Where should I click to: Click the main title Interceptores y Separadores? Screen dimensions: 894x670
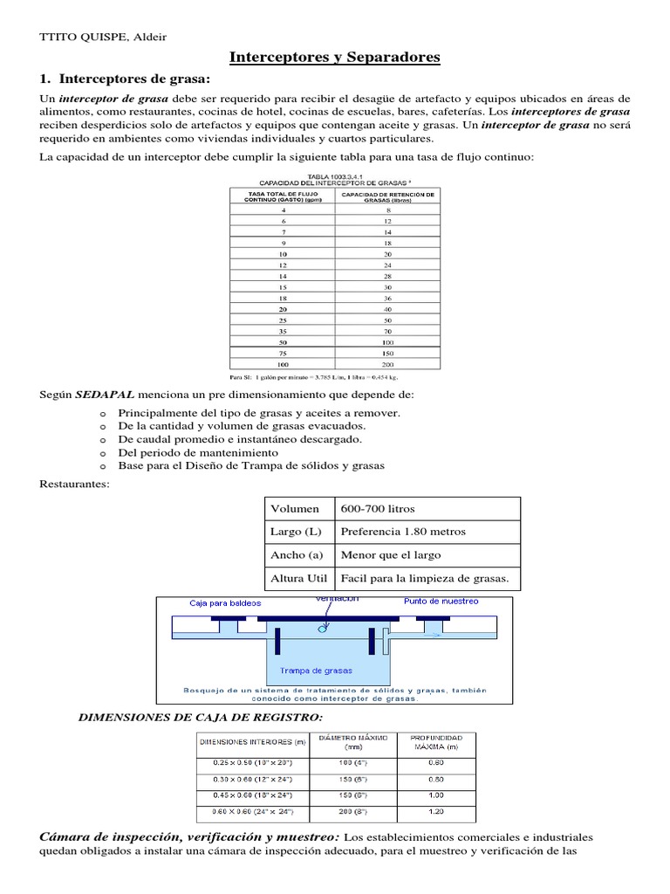tap(335, 58)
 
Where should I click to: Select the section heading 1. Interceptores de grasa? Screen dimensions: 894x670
tap(119, 80)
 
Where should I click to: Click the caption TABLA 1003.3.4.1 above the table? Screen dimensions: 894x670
tap(335, 175)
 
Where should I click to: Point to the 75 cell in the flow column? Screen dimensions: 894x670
tap(283, 353)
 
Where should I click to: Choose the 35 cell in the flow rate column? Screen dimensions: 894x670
tap(283, 331)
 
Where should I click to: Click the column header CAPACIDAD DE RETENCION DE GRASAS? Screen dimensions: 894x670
tap(388, 196)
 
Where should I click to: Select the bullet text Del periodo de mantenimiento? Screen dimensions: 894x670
tap(198, 452)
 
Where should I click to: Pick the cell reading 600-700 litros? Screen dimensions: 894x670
tap(378, 509)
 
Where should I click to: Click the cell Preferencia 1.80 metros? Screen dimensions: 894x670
tap(403, 532)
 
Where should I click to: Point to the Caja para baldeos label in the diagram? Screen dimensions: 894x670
tap(225, 602)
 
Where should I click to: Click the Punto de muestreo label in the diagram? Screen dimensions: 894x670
tap(441, 602)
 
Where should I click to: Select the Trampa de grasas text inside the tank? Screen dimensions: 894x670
tap(316, 670)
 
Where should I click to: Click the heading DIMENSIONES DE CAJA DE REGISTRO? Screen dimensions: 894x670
tap(201, 717)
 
